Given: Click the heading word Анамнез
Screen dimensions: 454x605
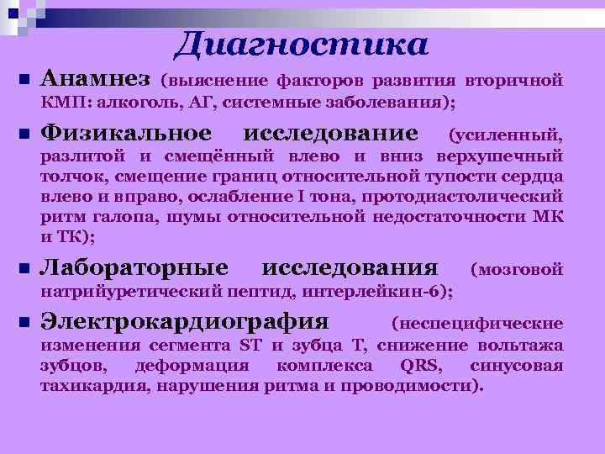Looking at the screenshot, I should coord(95,80).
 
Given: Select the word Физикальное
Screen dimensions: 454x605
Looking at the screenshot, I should coord(126,133).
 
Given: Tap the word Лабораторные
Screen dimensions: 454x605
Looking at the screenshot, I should coord(134,268).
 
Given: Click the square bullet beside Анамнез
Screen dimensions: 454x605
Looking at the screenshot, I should coord(23,81).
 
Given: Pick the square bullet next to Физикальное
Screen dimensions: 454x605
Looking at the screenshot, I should coord(23,135).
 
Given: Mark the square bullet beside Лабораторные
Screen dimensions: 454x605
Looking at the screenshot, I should coord(23,269).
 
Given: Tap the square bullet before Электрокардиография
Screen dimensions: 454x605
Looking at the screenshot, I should coord(23,323).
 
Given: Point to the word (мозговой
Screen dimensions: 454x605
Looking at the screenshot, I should coord(516,270).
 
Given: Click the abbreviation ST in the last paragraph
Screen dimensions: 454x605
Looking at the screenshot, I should coord(251,346).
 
